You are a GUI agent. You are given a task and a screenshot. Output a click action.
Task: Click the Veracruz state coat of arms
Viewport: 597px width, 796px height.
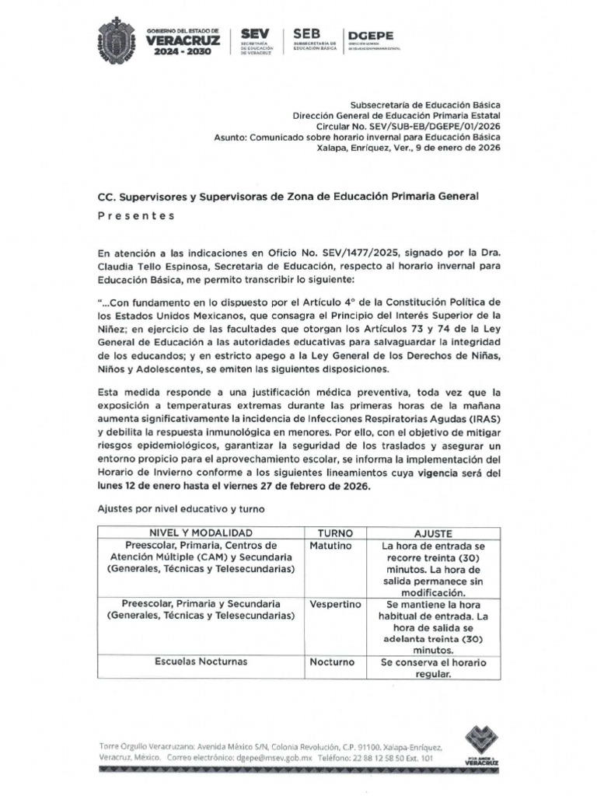pyautogui.click(x=117, y=41)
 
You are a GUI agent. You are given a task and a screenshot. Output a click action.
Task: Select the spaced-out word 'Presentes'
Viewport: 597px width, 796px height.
pyautogui.click(x=136, y=216)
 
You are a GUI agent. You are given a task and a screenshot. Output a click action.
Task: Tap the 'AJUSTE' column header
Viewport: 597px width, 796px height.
pyautogui.click(x=433, y=533)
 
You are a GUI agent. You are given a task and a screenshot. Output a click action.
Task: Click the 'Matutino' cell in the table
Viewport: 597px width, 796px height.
pyautogui.click(x=330, y=546)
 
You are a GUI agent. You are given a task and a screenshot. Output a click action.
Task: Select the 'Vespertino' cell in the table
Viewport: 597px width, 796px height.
pyautogui.click(x=333, y=604)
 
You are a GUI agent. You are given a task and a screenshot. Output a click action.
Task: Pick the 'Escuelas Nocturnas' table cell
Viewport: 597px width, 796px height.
pyautogui.click(x=201, y=662)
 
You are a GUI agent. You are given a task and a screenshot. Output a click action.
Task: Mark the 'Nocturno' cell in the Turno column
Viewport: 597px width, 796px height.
pyautogui.click(x=332, y=662)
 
